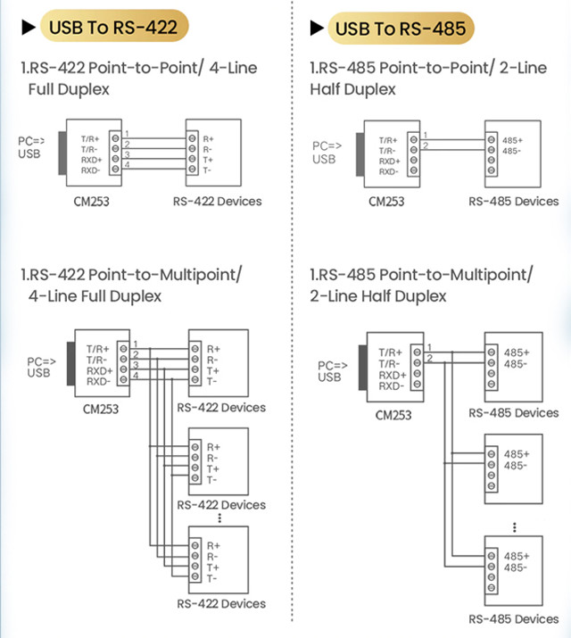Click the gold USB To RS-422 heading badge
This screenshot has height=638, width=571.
[x=112, y=27]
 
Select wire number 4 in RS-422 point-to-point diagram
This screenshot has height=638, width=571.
[x=128, y=164]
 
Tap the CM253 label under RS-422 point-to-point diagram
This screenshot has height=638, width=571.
[x=92, y=201]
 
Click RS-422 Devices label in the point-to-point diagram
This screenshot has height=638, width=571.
[x=218, y=201]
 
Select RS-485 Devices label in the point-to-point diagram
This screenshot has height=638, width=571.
[x=513, y=202]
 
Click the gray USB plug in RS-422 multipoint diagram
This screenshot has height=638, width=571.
[x=68, y=363]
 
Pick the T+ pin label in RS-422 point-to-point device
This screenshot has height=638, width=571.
[x=207, y=159]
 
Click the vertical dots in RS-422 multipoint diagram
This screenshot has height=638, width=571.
[x=219, y=518]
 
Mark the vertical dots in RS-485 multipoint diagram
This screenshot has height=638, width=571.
[x=516, y=527]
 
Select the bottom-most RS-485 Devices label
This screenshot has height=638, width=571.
[x=513, y=618]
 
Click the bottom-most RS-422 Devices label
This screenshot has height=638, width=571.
[x=221, y=604]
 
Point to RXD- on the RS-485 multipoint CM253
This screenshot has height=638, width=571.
[x=390, y=386]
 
